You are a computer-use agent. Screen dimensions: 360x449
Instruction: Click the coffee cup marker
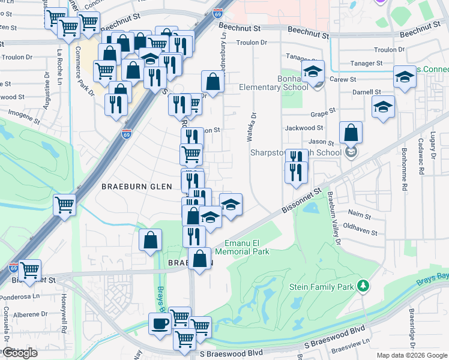pyautogui.click(x=160, y=325)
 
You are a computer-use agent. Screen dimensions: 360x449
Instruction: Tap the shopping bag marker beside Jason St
pyautogui.click(x=351, y=133)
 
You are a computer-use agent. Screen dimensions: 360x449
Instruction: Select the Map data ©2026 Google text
pyautogui.click(x=412, y=355)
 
